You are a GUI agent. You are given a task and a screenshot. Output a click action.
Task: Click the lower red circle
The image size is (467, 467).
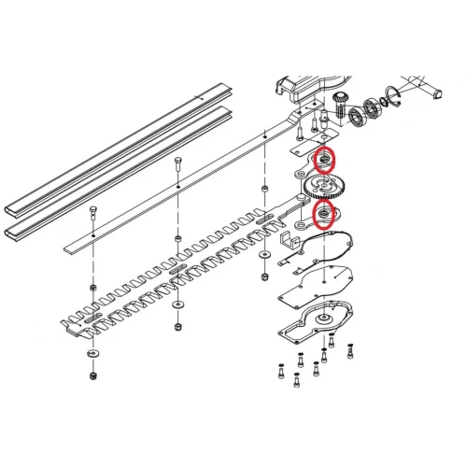point(324,217)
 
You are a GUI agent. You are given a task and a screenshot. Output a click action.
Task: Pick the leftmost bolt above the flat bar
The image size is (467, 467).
point(92,211)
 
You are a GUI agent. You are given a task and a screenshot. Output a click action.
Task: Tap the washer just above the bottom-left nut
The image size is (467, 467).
point(92,355)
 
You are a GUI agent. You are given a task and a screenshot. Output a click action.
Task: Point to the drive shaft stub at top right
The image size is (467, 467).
point(435,91)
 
